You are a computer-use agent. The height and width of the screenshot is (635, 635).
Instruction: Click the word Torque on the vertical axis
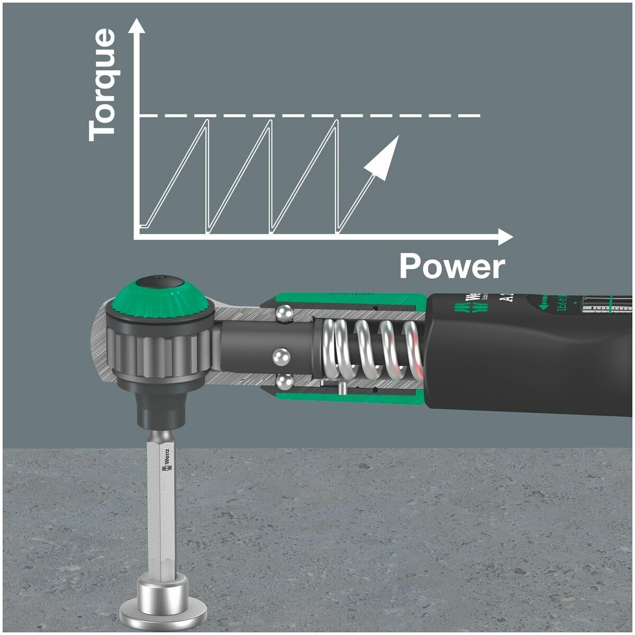(102, 85)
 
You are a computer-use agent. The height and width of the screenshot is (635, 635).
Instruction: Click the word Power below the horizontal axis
(452, 266)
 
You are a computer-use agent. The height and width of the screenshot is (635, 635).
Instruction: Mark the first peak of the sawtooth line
(207, 121)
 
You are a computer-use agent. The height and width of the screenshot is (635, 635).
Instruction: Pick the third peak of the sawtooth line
(336, 121)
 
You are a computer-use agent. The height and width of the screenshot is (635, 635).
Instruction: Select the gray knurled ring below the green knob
(159, 349)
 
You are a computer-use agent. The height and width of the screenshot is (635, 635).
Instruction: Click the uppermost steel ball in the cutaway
(284, 313)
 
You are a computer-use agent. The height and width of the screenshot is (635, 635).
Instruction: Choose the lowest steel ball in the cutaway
(285, 382)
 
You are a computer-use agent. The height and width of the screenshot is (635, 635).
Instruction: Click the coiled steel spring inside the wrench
(370, 349)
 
